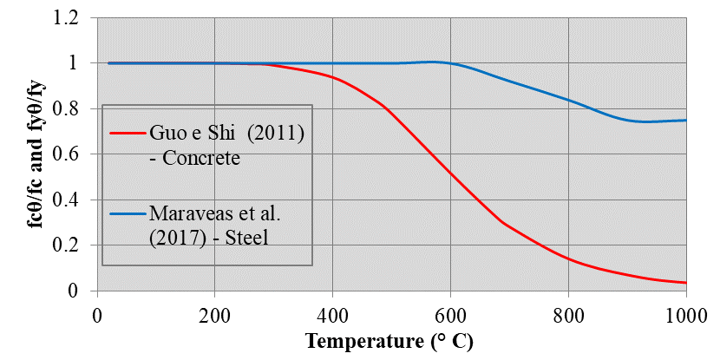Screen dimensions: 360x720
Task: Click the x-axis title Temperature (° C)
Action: coord(389,341)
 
